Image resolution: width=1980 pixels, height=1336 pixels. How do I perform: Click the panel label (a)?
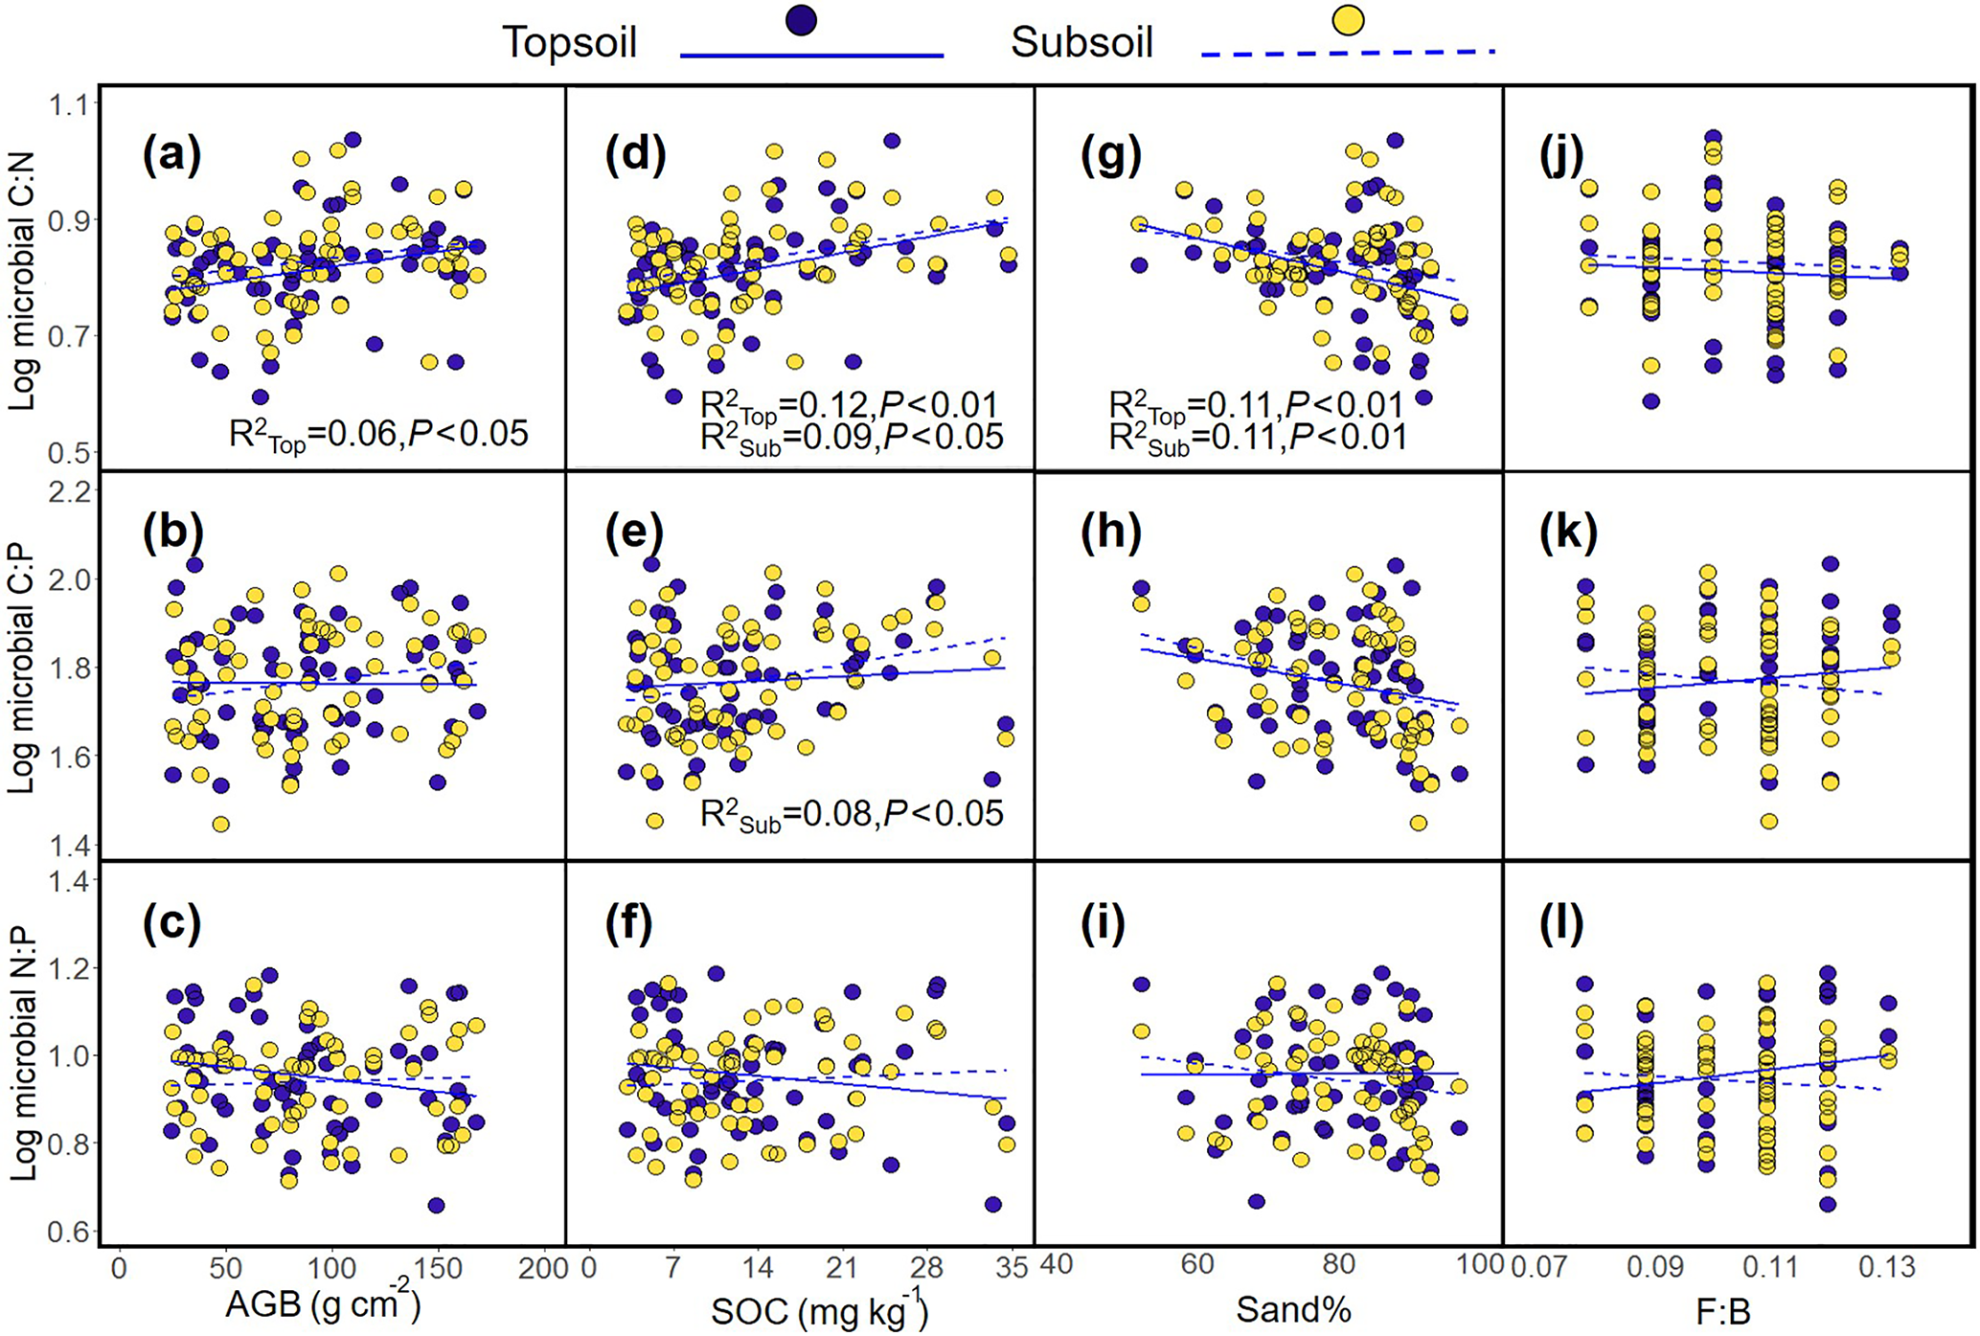172,156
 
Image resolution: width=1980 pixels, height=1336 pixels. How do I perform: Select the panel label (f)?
629,922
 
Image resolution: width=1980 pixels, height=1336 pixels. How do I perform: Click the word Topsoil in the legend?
570,43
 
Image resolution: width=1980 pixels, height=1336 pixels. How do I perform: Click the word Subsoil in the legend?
1081,43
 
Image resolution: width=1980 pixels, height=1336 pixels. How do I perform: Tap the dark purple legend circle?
800,20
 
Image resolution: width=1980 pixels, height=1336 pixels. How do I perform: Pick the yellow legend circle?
1349,20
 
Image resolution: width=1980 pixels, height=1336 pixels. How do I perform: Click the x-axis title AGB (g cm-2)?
323,1306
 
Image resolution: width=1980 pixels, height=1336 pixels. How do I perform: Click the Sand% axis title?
1293,1309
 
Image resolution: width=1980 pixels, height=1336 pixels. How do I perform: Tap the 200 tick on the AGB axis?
543,1268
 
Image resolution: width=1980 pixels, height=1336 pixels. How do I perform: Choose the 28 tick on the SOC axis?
926,1268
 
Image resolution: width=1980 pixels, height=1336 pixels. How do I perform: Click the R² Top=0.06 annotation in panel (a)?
378,436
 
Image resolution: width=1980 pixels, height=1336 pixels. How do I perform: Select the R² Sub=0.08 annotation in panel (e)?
852,815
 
